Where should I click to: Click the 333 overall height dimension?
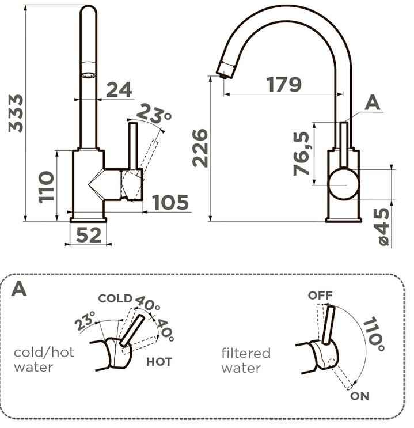[x=17, y=113]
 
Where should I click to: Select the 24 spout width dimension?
[x=119, y=89]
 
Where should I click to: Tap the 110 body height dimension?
[x=47, y=186]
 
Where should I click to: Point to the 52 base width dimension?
[x=89, y=235]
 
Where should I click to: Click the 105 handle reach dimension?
[x=170, y=202]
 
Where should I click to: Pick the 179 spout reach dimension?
[x=284, y=85]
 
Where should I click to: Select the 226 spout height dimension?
[x=200, y=148]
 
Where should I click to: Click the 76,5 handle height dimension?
[x=302, y=153]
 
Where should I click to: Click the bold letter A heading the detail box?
[x=19, y=289]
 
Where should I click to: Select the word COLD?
[x=115, y=298]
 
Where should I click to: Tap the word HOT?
[x=159, y=362]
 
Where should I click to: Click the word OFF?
[x=320, y=296]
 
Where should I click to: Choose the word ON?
[x=359, y=396]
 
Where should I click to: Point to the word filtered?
[x=246, y=353]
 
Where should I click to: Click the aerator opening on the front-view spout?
[x=88, y=73]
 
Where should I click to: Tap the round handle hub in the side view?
[x=343, y=184]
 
